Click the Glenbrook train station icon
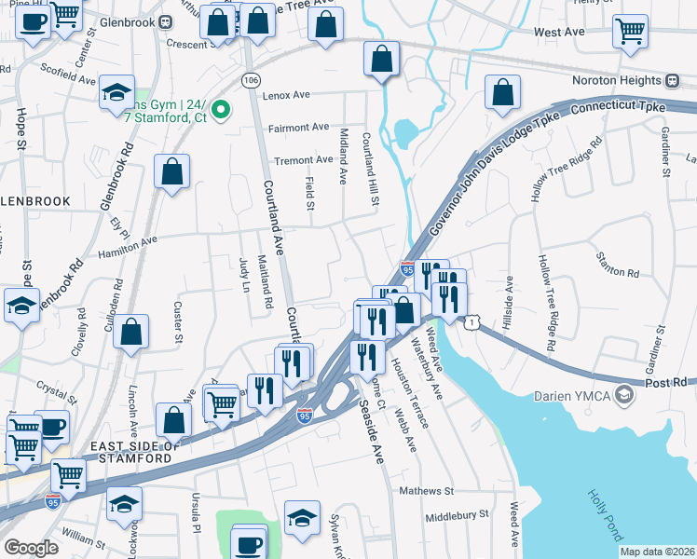(x=165, y=21)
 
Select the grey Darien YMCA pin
(x=623, y=395)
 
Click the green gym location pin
(x=221, y=111)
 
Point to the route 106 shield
(x=251, y=81)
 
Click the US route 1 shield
(x=474, y=322)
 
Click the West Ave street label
(x=559, y=32)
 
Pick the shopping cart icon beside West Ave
(x=631, y=31)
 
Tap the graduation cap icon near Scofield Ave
(x=117, y=92)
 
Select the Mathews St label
(x=426, y=490)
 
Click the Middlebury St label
(x=457, y=514)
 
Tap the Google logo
(x=31, y=548)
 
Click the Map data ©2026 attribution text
(x=657, y=552)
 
